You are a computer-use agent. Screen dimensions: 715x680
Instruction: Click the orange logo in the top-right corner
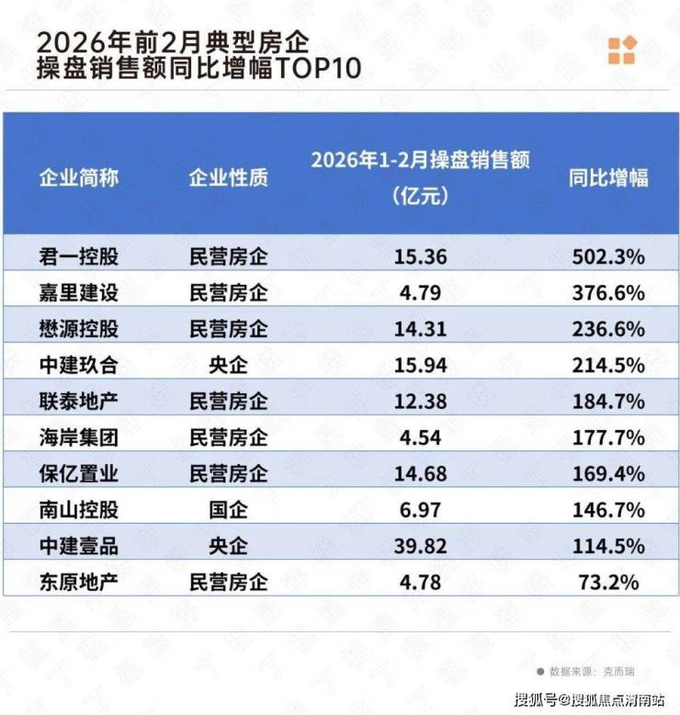(x=621, y=50)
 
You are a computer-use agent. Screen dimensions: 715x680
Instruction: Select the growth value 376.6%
(x=608, y=293)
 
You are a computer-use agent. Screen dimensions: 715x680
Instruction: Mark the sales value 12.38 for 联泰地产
(x=419, y=402)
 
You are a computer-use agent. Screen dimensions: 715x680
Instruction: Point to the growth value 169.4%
(x=608, y=473)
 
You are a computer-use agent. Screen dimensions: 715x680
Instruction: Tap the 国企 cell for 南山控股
(x=228, y=509)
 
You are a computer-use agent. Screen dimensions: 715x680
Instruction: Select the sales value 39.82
(x=419, y=545)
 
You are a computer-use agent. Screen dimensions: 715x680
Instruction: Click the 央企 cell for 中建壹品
(x=228, y=545)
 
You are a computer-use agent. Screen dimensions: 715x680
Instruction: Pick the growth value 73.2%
(x=613, y=582)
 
